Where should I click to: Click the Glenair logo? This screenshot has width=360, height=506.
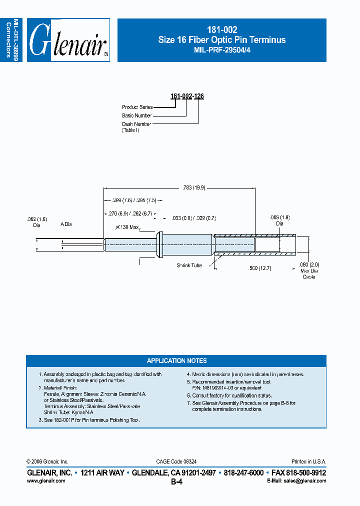(68, 40)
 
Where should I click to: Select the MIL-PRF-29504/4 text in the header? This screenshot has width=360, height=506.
(221, 50)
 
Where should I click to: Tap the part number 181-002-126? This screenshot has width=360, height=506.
(187, 95)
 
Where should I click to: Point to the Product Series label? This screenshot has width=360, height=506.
(137, 107)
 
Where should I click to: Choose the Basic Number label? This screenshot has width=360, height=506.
(136, 115)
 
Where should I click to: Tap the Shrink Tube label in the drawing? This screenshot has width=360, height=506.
(189, 265)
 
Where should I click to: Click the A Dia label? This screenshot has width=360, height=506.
(66, 224)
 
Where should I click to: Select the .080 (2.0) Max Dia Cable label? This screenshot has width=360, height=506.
(309, 270)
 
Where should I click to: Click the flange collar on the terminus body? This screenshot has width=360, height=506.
(160, 243)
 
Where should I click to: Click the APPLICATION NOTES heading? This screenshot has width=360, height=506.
(176, 360)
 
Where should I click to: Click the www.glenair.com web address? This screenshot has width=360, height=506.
(45, 480)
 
